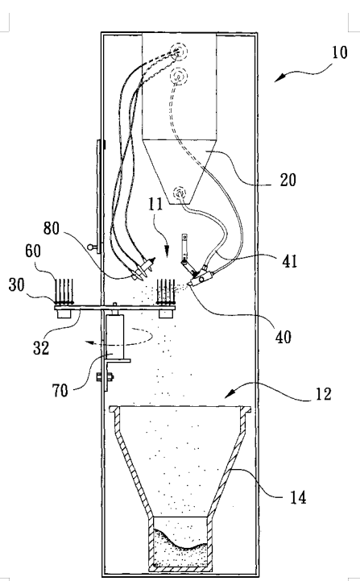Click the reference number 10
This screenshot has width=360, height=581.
tap(339, 52)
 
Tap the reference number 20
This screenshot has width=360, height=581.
tap(288, 180)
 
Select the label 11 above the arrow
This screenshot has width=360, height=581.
tap(155, 204)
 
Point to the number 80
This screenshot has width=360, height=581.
tap(51, 228)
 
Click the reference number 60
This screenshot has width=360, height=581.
tap(33, 251)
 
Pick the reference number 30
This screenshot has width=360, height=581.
tap(16, 285)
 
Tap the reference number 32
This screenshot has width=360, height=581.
tap(41, 348)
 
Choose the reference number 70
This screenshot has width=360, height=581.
tap(60, 391)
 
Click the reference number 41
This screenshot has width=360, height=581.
tap(290, 261)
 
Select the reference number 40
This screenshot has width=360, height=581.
tap(283, 337)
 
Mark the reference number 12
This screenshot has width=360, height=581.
tap(323, 393)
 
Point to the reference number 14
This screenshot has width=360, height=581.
tap(298, 498)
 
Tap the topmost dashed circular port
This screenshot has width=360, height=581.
tap(179, 52)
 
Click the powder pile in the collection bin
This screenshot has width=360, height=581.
tap(180, 549)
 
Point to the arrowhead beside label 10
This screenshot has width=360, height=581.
tap(279, 77)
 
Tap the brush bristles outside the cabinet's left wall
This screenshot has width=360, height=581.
tap(64, 291)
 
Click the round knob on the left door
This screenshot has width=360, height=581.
tap(89, 247)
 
